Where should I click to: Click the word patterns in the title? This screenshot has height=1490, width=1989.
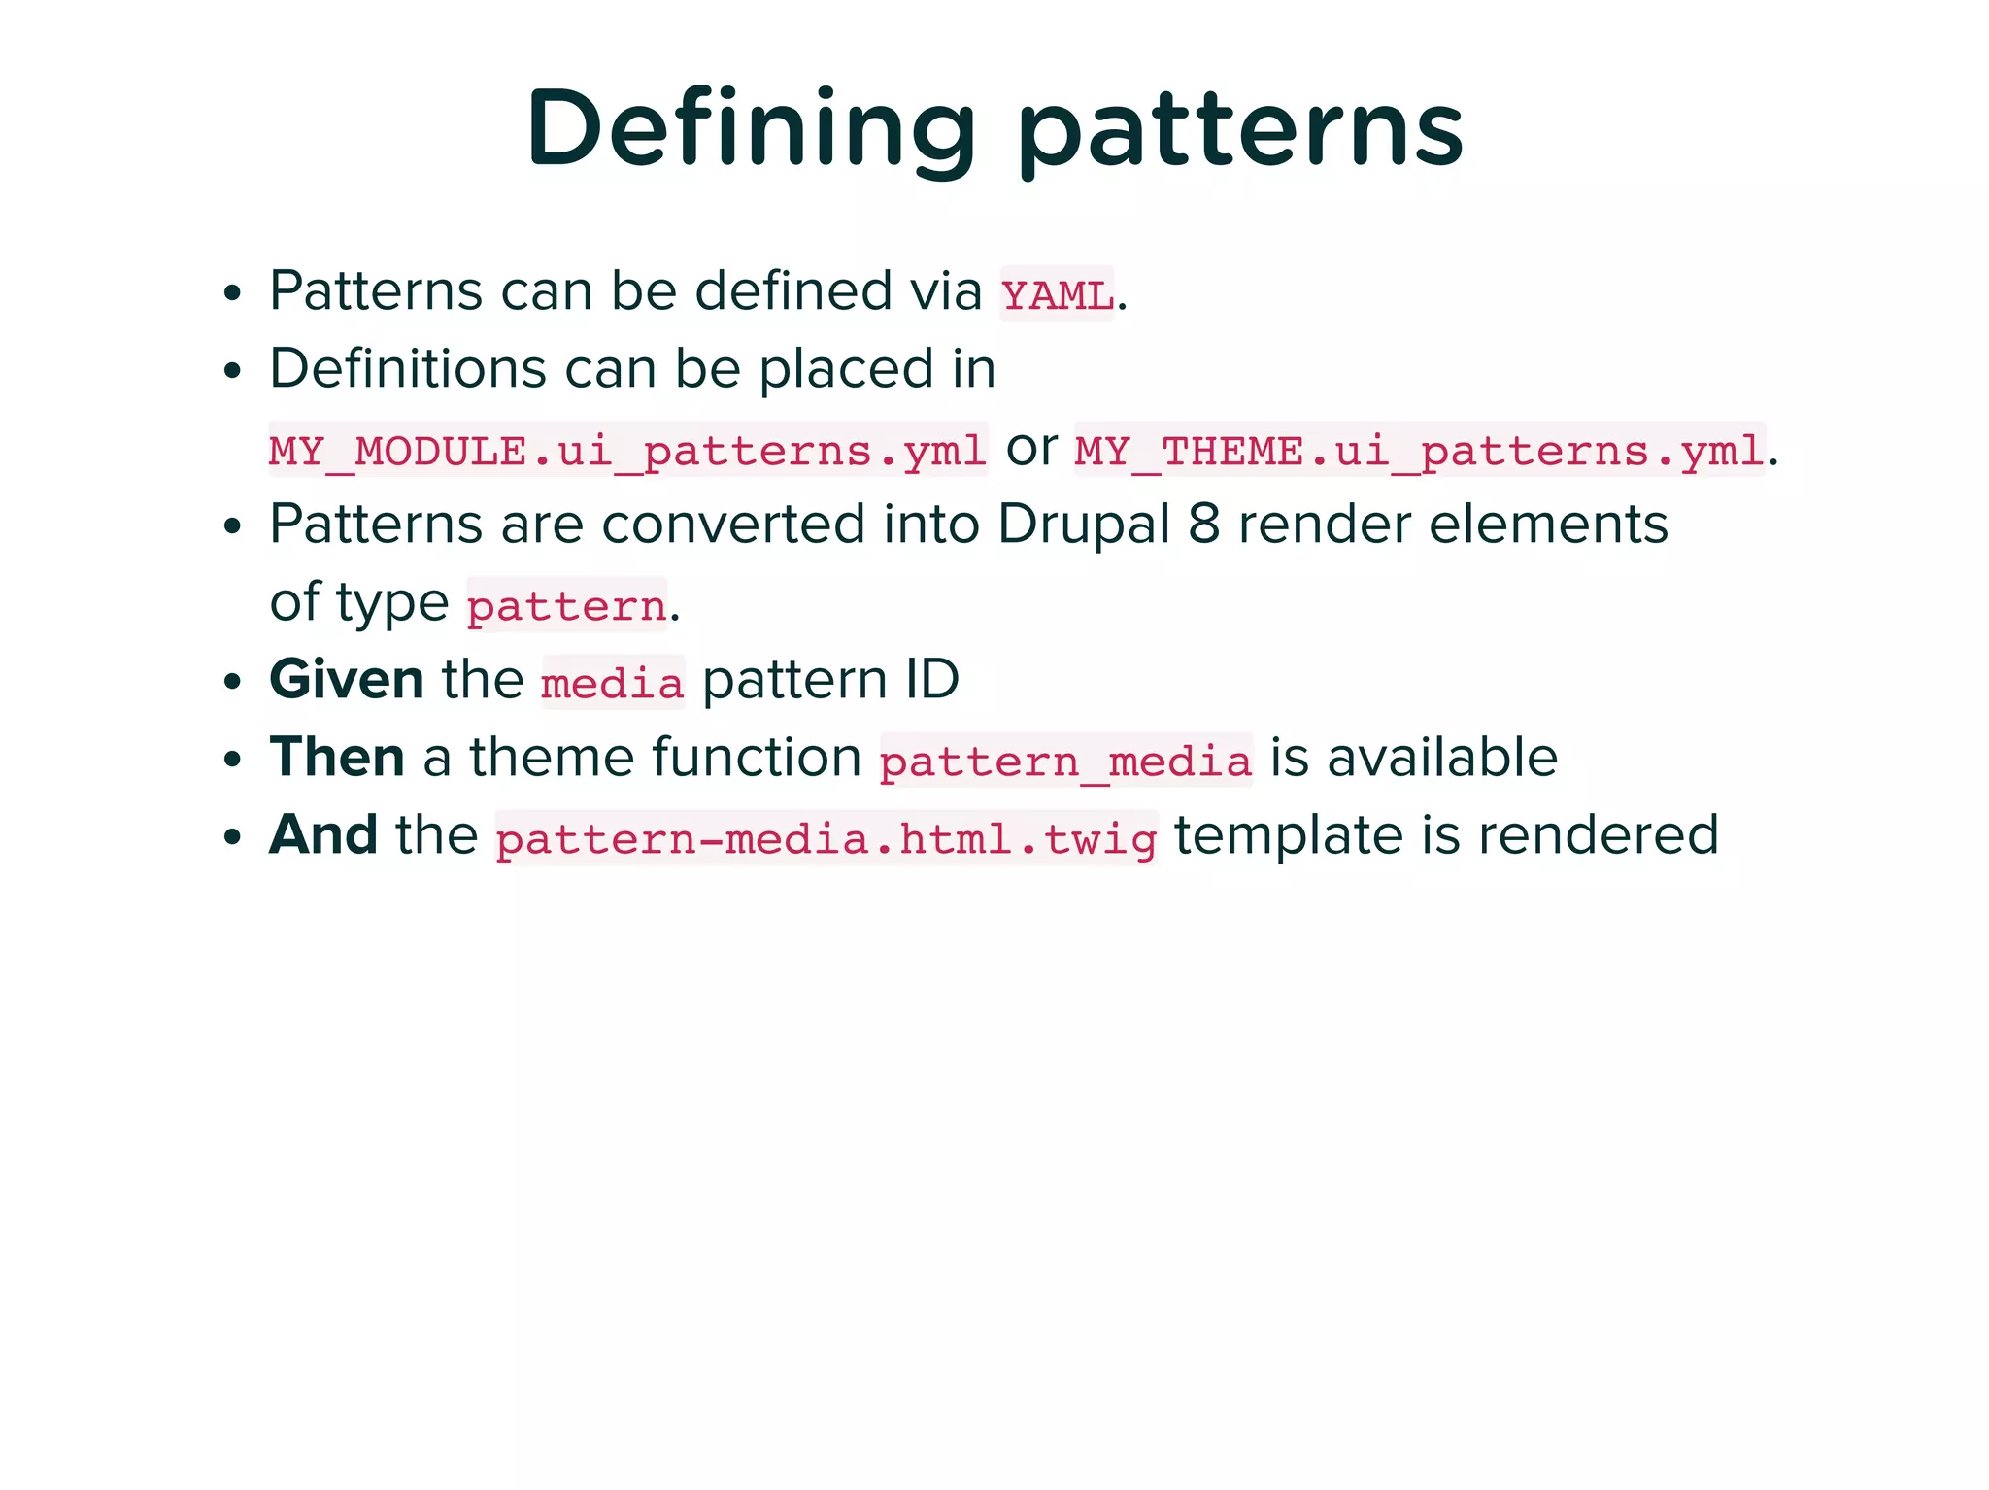coord(1240,131)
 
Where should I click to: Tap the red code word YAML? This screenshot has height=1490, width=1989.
coord(1057,294)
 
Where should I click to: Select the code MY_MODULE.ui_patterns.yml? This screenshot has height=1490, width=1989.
coord(627,451)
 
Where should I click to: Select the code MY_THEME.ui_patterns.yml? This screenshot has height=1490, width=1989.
coord(1419,451)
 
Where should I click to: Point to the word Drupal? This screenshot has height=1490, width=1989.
coord(1084,525)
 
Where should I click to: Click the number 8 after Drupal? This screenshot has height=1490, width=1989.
coord(1203,525)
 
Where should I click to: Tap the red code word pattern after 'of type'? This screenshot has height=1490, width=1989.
coord(566,606)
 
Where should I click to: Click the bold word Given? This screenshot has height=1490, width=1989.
coord(347,679)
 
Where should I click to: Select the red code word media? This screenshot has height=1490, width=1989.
coord(612,684)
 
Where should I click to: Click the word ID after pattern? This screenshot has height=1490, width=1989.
coord(931,679)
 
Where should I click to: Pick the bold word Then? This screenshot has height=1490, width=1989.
coord(337,757)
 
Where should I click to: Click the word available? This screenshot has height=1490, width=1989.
coord(1442,757)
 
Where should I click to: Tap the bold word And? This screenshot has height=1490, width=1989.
coord(323,834)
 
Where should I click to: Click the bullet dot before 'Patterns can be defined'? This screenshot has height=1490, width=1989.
coord(231,292)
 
